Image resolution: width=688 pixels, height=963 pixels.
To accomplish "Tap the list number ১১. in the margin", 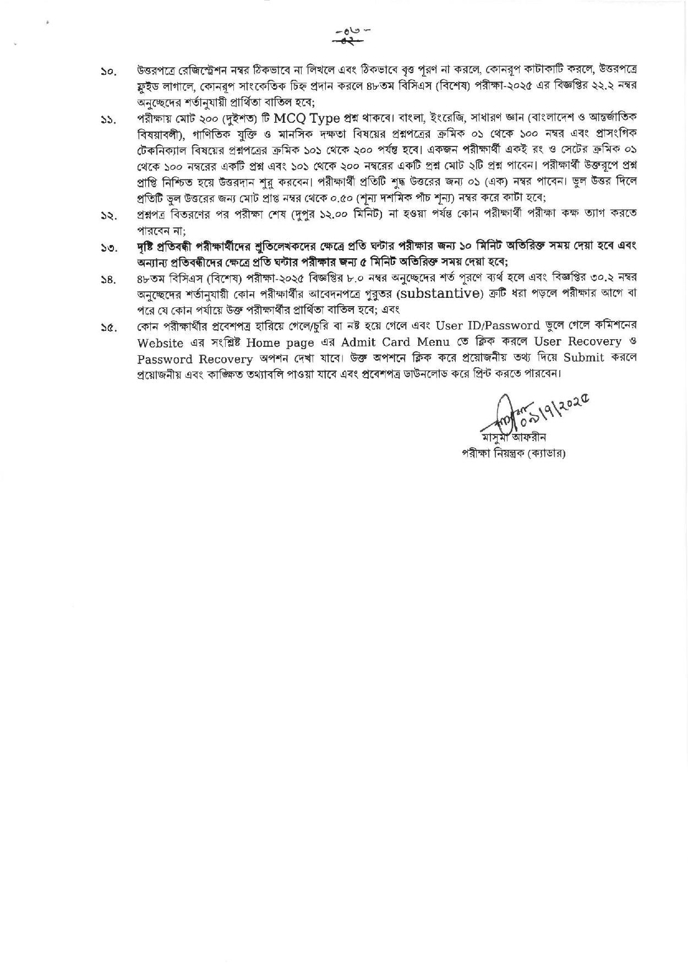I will [x=107, y=121].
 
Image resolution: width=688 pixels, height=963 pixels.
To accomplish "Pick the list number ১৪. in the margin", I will [x=107, y=281].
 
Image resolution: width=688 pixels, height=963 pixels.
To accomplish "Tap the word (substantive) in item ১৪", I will [x=438, y=293].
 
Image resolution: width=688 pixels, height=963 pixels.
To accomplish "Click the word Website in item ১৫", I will [x=160, y=343].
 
